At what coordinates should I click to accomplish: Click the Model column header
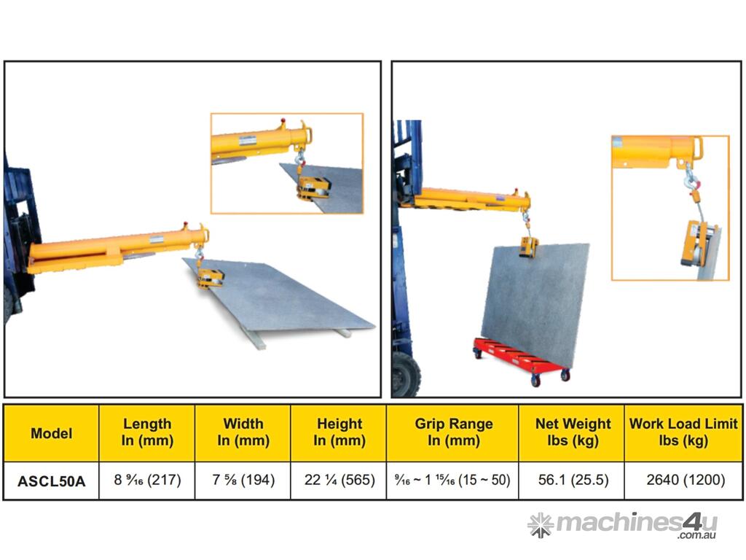[52, 433]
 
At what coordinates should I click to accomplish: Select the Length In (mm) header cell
[147, 432]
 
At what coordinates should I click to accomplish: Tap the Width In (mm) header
[243, 432]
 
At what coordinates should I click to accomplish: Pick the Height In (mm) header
[339, 432]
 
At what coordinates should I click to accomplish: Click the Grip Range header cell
[453, 432]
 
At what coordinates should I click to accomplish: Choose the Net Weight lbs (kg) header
[573, 432]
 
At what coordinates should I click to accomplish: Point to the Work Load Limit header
[683, 432]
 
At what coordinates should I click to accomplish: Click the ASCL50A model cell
[52, 481]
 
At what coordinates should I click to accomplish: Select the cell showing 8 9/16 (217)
[147, 480]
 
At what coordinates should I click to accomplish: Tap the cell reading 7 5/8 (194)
[243, 480]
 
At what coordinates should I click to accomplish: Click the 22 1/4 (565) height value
[339, 480]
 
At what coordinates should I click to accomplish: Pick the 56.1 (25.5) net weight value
[573, 480]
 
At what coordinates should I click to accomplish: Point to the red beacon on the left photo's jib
[186, 225]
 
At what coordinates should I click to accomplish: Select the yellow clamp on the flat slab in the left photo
[211, 278]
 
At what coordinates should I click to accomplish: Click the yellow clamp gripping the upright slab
[529, 247]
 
